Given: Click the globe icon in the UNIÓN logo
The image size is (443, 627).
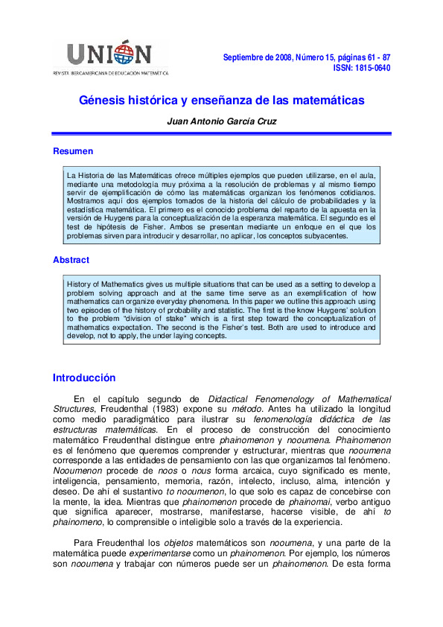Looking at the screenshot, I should [136, 54].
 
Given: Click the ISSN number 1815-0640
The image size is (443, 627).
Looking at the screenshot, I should [367, 69].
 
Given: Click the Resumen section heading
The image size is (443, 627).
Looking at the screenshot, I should [73, 151].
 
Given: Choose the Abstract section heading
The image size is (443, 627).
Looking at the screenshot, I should [71, 260].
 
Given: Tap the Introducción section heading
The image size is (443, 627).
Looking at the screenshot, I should [84, 378].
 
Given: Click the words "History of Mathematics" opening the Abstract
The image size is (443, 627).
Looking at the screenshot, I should [104, 284].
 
